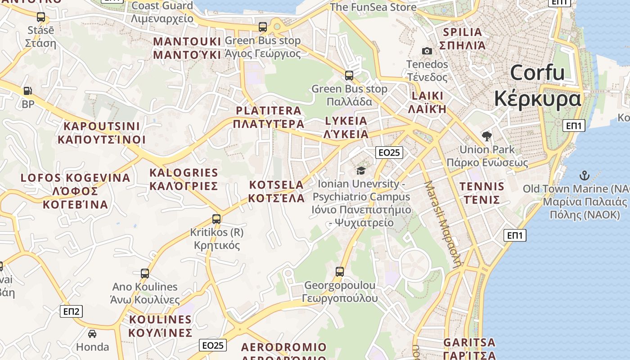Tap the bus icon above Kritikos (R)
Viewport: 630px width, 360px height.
[x=216, y=219]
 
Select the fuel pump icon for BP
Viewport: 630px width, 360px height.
[x=27, y=91]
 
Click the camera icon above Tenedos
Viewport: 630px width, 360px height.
[x=427, y=51]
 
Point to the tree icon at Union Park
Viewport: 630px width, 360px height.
[x=486, y=136]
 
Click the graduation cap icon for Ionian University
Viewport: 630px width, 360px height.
[x=361, y=171]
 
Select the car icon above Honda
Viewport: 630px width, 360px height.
[x=92, y=333]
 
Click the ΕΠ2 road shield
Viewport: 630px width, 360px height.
[x=71, y=311]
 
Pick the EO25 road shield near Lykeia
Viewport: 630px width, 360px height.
[x=389, y=153]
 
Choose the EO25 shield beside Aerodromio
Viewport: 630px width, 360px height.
[x=213, y=345]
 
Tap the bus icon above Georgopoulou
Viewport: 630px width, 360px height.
[x=340, y=272]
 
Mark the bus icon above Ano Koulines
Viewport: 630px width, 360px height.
[x=145, y=274]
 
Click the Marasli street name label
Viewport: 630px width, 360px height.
[x=443, y=225]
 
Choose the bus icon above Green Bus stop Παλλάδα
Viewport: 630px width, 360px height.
[x=349, y=76]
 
